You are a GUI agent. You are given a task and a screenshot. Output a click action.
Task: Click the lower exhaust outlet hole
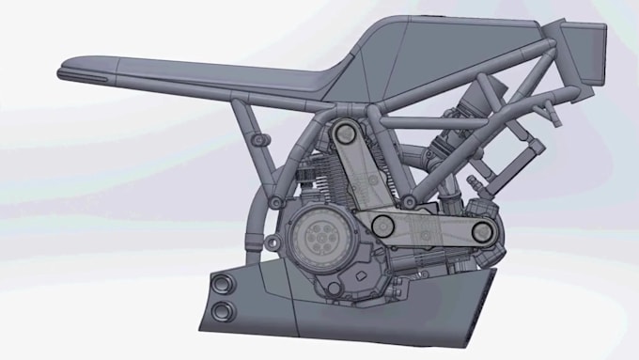pyautogui.click(x=223, y=311)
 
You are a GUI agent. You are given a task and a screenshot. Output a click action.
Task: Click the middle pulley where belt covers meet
pyautogui.click(x=382, y=224)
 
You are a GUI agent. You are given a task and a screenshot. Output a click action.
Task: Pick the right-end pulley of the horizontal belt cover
pyautogui.click(x=481, y=230)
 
